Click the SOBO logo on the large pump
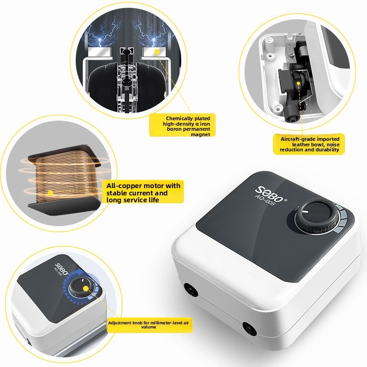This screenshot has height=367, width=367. coord(271,194)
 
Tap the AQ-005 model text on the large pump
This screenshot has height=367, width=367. coord(265,200)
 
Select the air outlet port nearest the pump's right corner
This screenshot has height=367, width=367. coord(250,328)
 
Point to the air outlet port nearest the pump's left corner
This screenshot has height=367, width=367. coord(191,290)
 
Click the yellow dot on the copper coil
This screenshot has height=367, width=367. coord(50,193)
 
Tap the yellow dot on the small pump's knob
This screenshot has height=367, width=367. coord(86,289)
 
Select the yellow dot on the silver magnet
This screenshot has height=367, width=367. coord(157,51)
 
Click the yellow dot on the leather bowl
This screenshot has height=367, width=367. coord(298,83)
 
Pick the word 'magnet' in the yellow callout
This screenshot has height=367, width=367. coord(200,134)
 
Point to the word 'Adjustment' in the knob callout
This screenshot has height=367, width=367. coord(120,323)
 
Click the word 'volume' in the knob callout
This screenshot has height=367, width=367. coord(149,327)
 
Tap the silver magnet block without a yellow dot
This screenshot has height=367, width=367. coord(100,52)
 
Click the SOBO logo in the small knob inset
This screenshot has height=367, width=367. coord(61,269)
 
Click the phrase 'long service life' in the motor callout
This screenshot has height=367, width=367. coord(133,200)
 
